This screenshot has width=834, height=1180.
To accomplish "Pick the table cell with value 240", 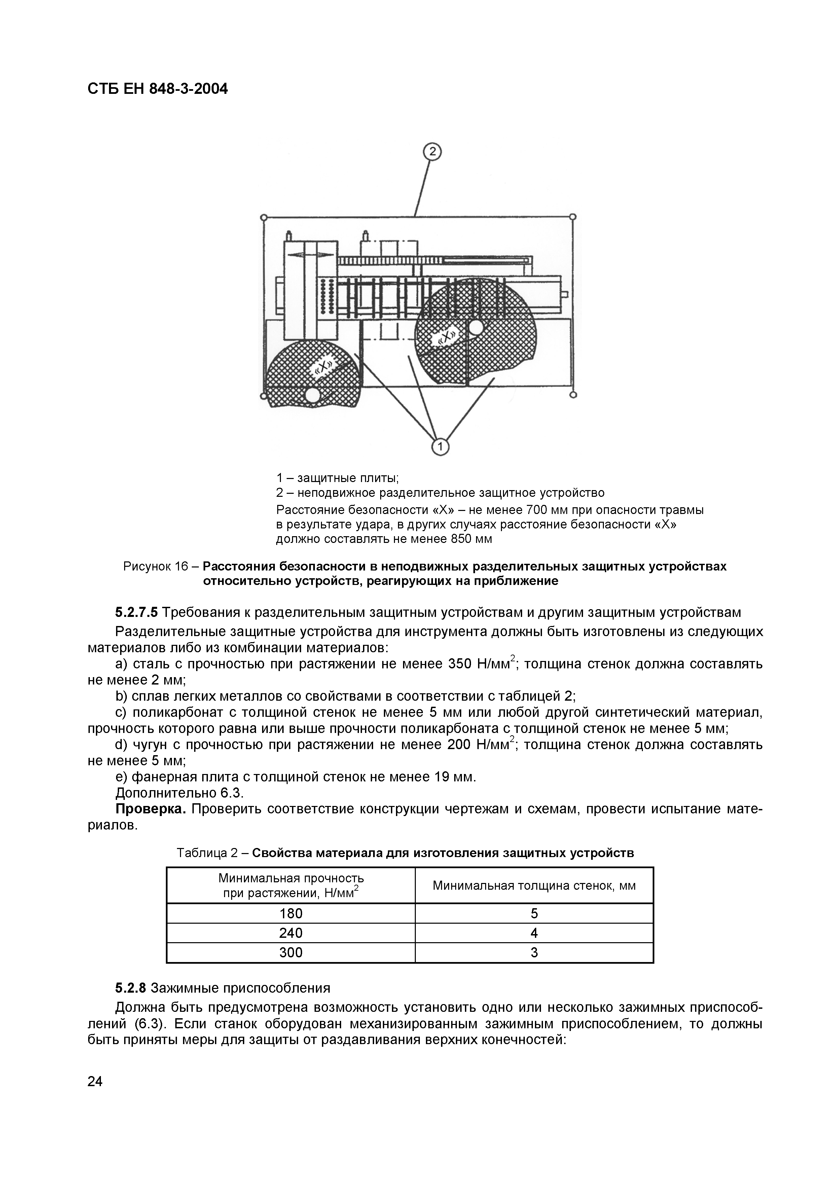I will tap(291, 933).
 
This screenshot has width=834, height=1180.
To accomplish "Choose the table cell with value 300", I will tap(291, 952).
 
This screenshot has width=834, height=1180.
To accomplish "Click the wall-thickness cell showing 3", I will tap(534, 952).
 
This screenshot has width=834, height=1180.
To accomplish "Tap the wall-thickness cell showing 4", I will tap(534, 933).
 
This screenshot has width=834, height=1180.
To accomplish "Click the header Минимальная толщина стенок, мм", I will tap(534, 886).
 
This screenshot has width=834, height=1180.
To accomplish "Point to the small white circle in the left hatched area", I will tap(312, 395).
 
